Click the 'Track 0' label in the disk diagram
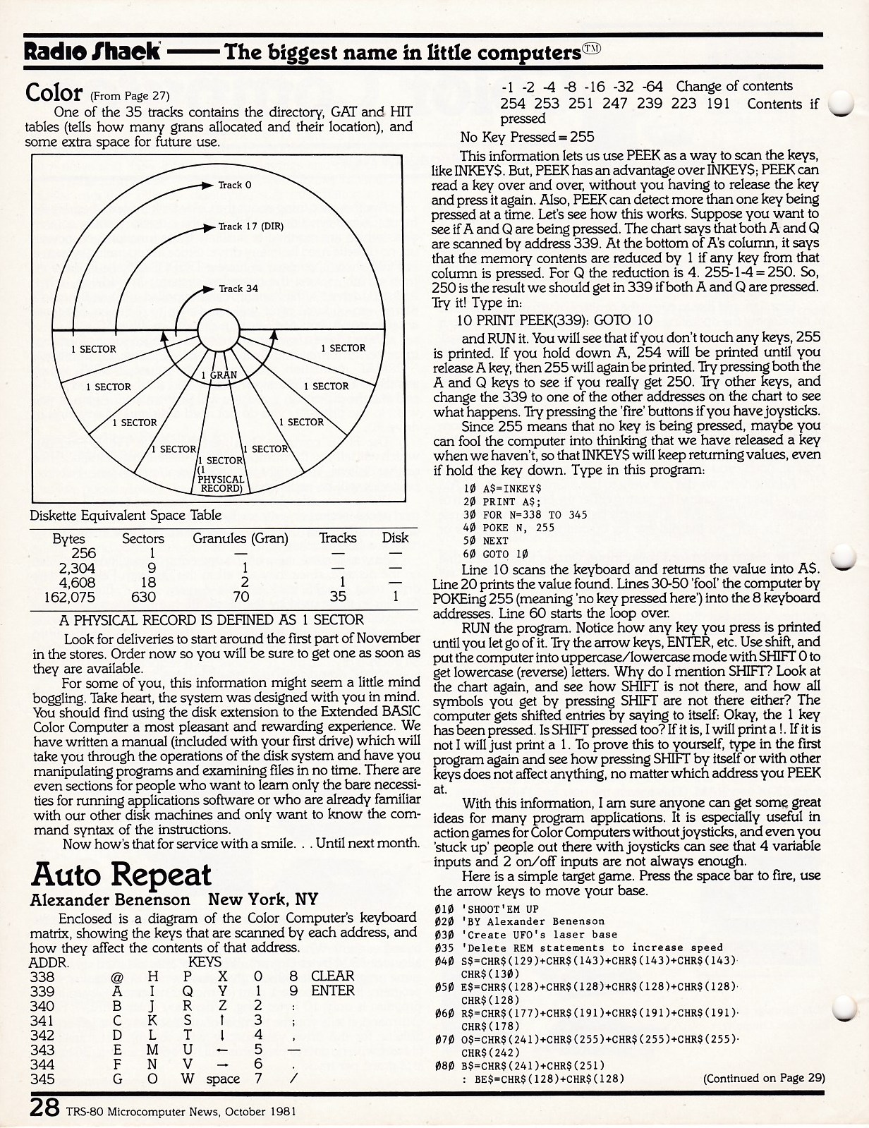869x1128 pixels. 234,185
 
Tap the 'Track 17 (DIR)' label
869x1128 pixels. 250,226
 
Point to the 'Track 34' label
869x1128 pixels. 238,289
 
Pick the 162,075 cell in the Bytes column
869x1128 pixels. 69,597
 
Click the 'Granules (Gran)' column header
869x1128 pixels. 241,538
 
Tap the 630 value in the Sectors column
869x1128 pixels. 142,597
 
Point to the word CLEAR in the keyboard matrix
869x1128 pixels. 333,976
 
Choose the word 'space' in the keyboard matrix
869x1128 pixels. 223,1079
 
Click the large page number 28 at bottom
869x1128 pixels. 44,1108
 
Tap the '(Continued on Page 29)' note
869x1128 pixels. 763,1078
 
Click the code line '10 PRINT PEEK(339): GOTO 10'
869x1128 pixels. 556,320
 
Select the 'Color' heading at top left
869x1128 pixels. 54,92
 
